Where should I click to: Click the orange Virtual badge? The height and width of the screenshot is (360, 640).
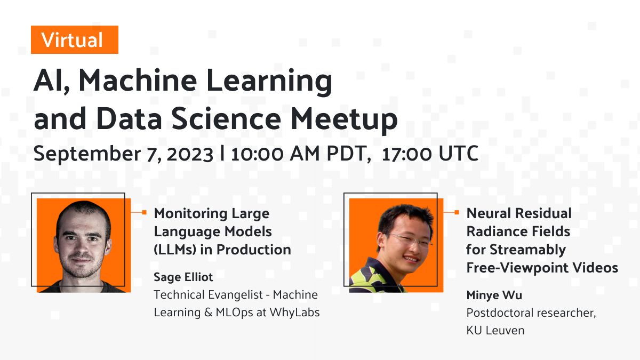pos(75,39)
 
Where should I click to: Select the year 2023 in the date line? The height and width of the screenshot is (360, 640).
pos(190,154)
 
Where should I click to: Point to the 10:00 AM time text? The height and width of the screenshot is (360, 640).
pos(275,154)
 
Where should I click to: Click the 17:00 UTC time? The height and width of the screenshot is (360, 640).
pos(430,154)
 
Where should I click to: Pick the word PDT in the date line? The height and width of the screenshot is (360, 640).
pos(349,154)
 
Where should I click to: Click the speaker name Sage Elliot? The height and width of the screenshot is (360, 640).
pos(183,277)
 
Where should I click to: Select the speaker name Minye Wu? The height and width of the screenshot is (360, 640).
pos(494,295)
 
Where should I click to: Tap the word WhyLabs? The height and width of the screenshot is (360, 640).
pos(294,313)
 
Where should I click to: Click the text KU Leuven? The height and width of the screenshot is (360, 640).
pos(495,331)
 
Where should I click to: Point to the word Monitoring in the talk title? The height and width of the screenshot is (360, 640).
pos(191,214)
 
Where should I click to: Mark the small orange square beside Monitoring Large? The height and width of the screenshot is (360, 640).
pos(145,212)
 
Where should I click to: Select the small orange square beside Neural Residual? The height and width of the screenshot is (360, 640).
pos(457,212)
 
